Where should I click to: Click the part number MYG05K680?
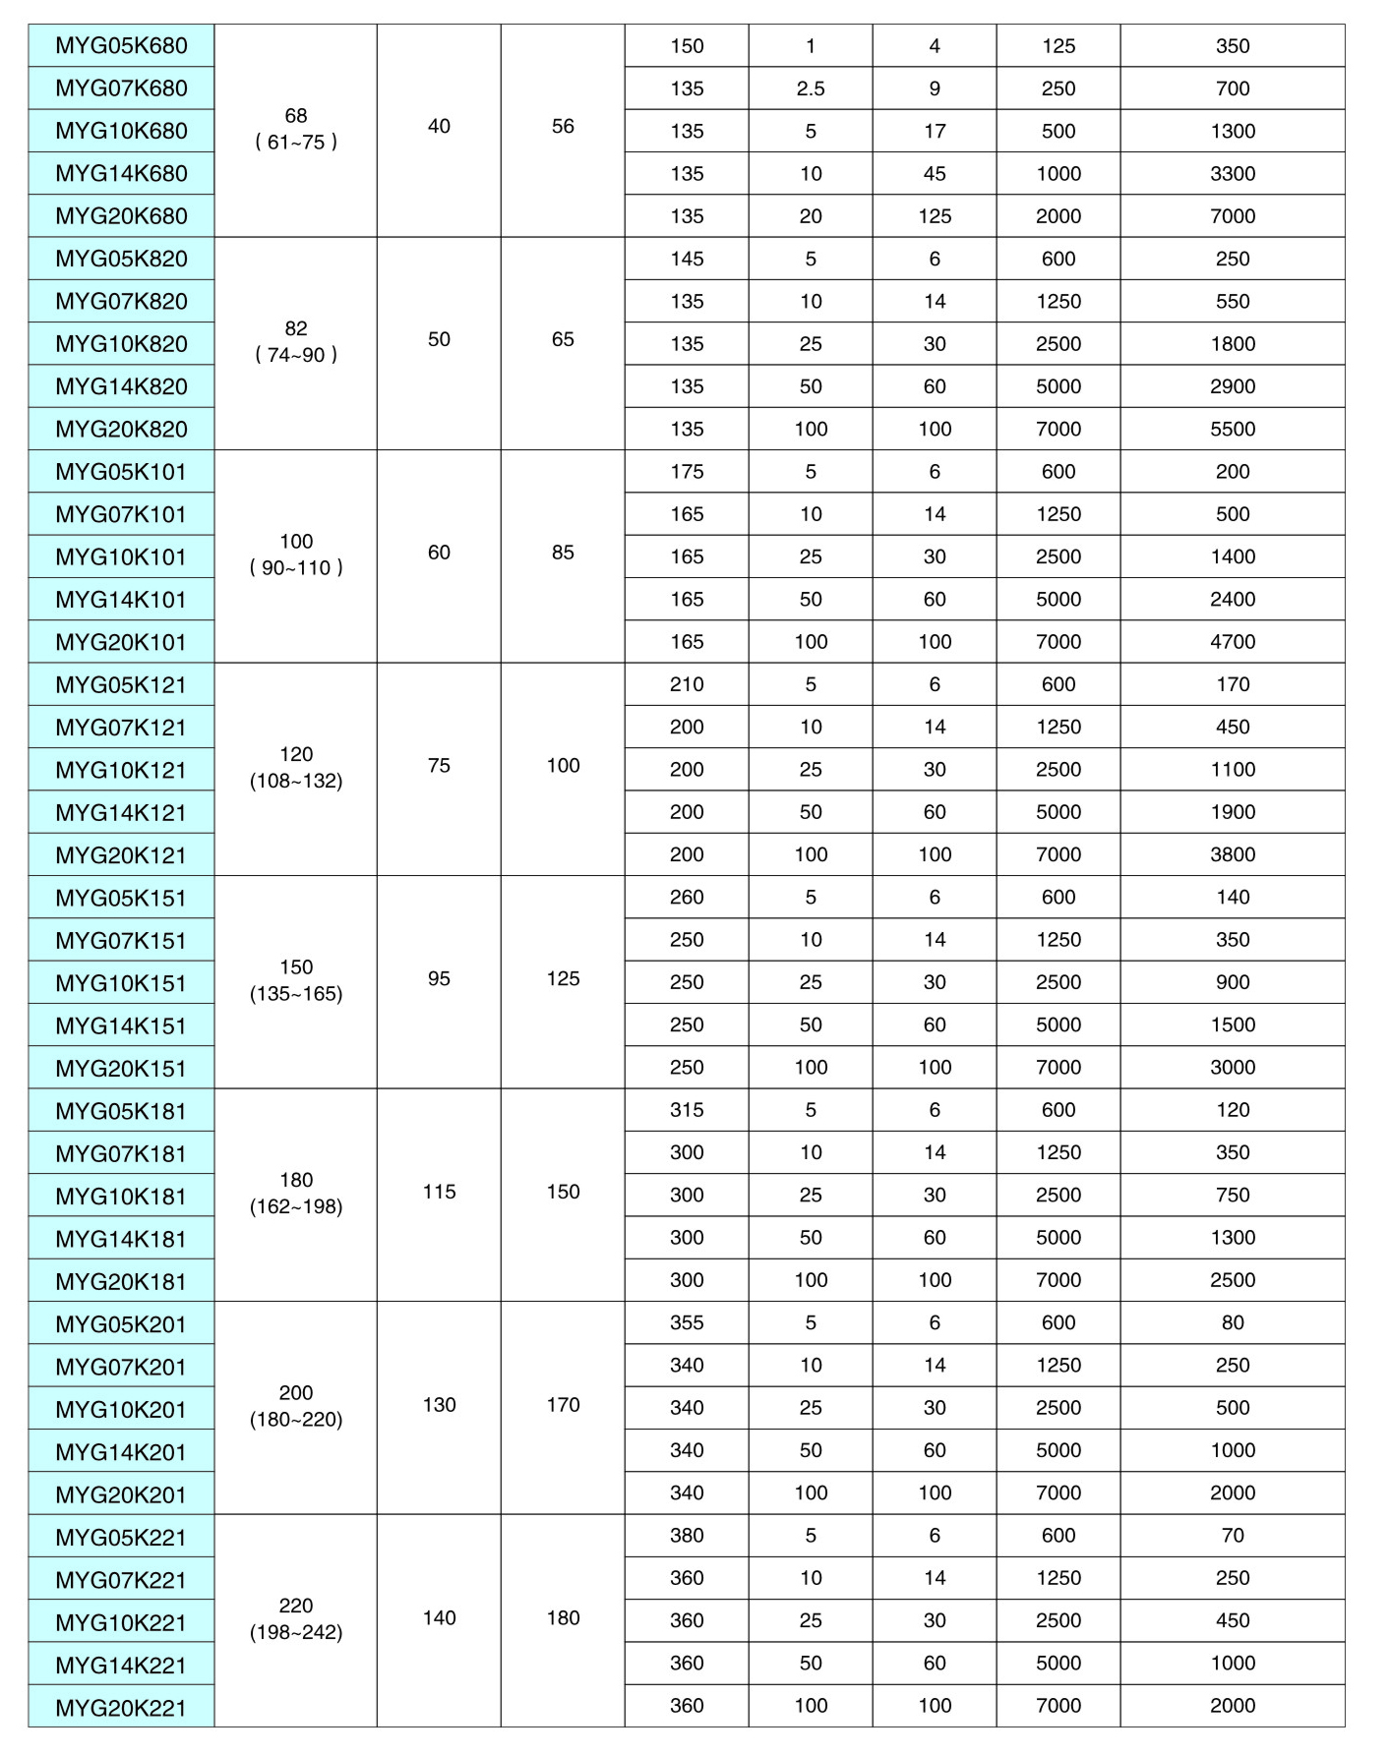[121, 46]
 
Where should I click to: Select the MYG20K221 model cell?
[121, 1708]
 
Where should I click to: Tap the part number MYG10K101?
[121, 557]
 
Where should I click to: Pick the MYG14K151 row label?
[121, 1025]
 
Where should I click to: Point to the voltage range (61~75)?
[296, 142]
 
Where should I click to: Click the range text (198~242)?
[296, 1632]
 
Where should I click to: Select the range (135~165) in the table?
[296, 993]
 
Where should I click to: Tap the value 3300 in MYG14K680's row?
[1232, 174]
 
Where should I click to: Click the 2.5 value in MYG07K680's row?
[811, 88]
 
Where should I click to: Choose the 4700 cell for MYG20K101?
[1232, 642]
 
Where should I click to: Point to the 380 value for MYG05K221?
[687, 1535]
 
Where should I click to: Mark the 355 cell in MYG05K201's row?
[687, 1322]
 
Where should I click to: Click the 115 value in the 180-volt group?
[439, 1192]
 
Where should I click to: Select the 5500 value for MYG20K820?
[1232, 429]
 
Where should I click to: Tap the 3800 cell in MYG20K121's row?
[1232, 854]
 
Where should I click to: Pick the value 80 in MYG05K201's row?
[1232, 1322]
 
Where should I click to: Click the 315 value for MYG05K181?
[687, 1109]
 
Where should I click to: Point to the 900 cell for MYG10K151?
[1232, 982]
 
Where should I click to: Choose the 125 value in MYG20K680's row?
[935, 216]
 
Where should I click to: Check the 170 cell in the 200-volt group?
[563, 1404]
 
